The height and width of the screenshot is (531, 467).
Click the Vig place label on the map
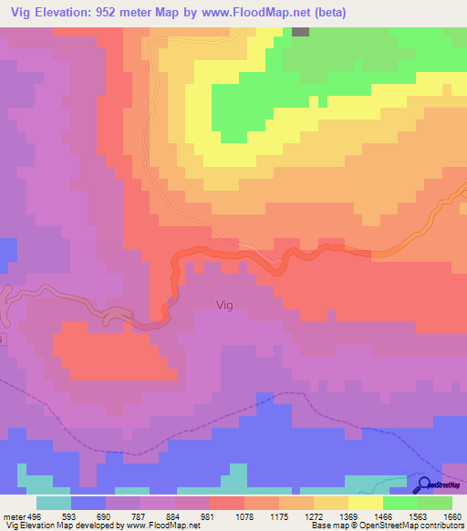tap(224, 306)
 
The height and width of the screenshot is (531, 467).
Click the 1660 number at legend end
tap(451, 515)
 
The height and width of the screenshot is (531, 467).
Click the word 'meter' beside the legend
tap(13, 515)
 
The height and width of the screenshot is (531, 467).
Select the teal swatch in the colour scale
tap(54, 503)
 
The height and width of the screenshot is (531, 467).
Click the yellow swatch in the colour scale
tap(365, 503)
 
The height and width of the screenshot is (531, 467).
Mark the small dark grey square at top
tap(301, 31)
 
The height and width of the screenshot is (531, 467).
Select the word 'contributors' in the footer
tap(441, 526)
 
